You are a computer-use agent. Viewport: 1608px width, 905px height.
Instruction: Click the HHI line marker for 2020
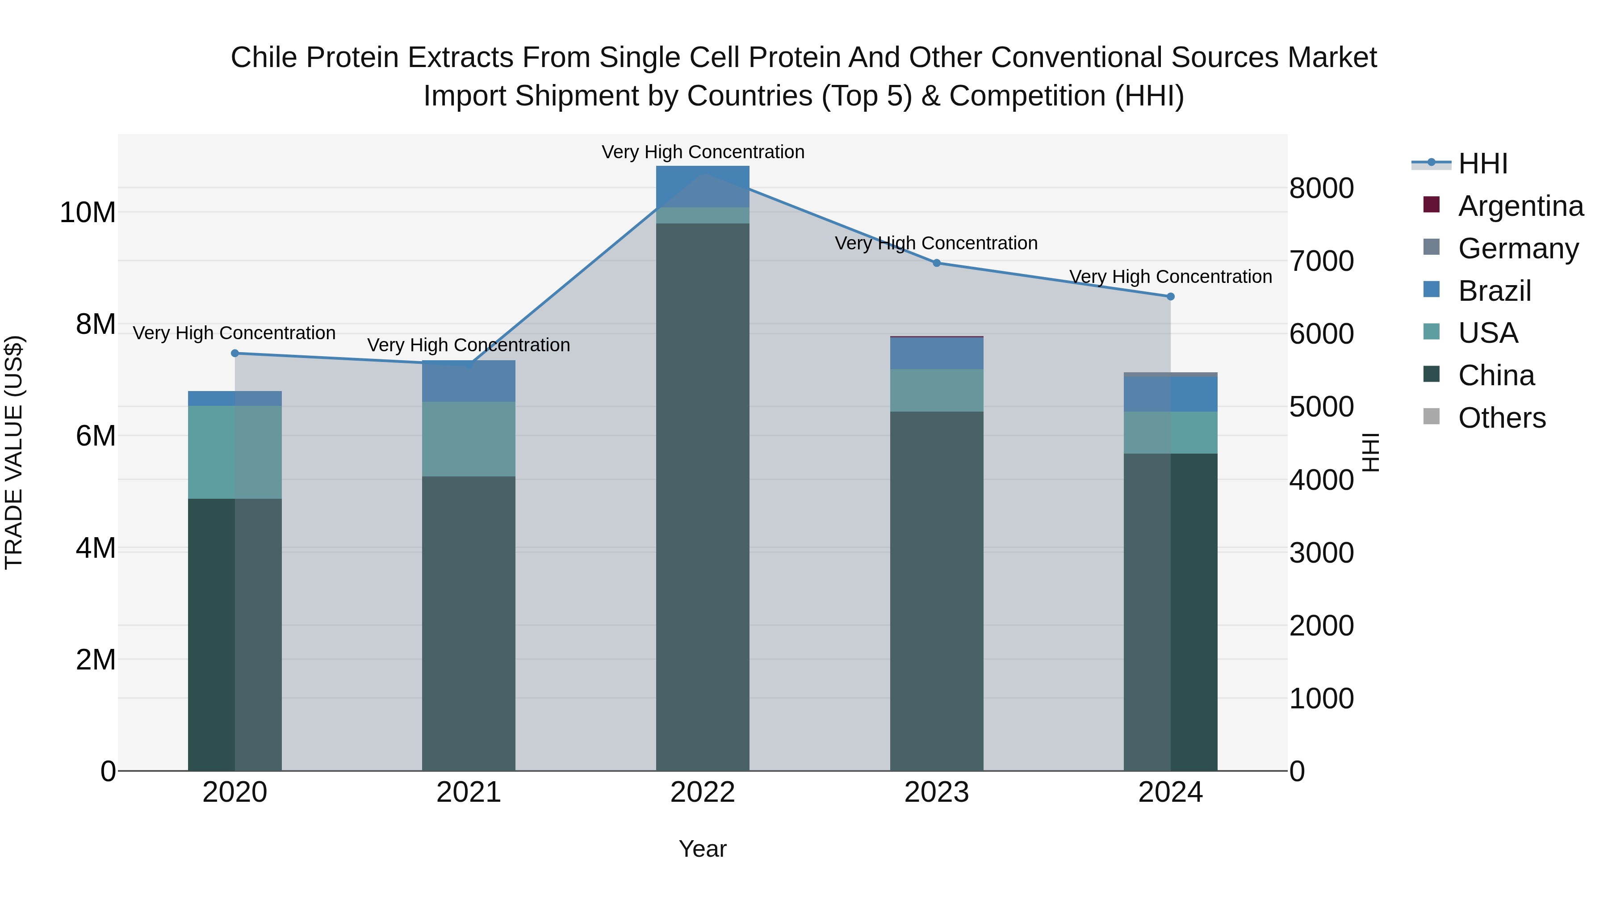click(x=234, y=354)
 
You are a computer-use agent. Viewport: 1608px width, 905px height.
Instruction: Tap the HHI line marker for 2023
click(x=936, y=263)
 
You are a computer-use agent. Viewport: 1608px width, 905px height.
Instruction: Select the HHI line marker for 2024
click(x=1170, y=297)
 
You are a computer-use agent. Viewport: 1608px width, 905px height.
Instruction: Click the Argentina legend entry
click(x=1520, y=206)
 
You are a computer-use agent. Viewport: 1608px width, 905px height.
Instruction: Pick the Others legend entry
click(x=1501, y=418)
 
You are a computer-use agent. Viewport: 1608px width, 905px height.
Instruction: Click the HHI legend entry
click(x=1482, y=164)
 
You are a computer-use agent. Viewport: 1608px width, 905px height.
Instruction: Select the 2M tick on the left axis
click(x=96, y=660)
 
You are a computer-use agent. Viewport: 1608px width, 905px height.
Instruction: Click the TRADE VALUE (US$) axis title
click(x=14, y=452)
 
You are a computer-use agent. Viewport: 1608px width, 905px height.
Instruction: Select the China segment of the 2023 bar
click(x=936, y=590)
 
